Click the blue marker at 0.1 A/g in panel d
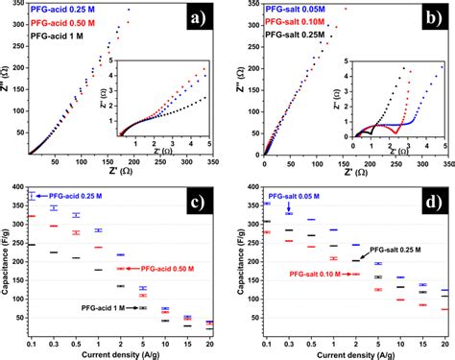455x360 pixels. point(267,204)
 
